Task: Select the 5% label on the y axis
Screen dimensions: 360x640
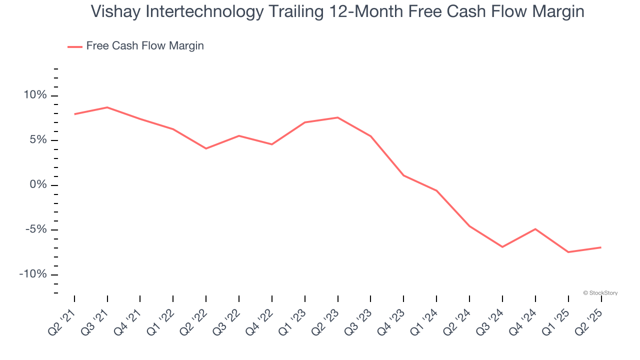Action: (37, 140)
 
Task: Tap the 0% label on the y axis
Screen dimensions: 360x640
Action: (37, 185)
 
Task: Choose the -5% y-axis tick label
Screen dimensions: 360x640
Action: (35, 229)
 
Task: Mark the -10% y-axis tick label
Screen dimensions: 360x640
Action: (33, 274)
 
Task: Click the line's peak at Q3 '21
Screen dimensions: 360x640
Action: (107, 107)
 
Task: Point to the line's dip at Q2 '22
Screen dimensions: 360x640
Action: (206, 148)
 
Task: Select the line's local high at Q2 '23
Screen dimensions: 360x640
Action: (338, 117)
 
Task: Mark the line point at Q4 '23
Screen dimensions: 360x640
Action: (403, 175)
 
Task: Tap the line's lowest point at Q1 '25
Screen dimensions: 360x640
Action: (568, 252)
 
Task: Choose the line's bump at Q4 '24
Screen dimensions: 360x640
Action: (535, 229)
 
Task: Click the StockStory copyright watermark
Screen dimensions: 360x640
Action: (600, 293)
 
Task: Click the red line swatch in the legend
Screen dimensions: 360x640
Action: (75, 46)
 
